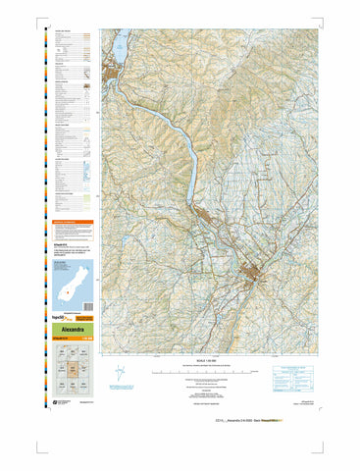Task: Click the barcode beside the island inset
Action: click(83, 280)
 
